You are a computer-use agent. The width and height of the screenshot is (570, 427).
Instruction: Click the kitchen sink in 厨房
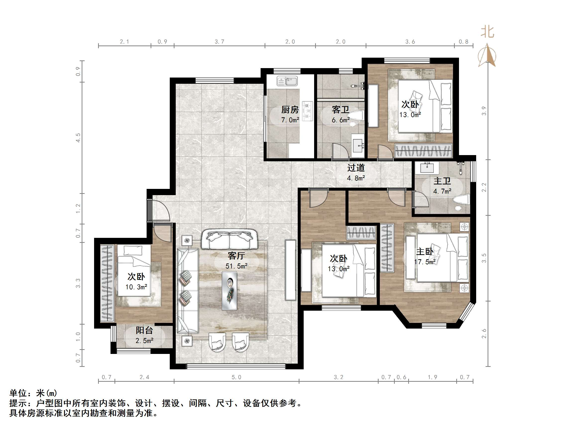(x=287, y=81)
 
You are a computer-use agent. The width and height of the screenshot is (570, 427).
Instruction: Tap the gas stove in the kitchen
(x=307, y=111)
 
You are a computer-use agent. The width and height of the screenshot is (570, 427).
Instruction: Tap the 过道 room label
(x=356, y=168)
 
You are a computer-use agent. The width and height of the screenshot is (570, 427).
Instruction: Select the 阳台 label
(x=144, y=330)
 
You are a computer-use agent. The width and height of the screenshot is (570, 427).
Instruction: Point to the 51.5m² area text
(x=236, y=266)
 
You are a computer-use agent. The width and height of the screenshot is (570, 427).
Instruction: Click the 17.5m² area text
(x=425, y=262)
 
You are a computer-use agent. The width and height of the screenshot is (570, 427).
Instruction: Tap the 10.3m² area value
(x=136, y=287)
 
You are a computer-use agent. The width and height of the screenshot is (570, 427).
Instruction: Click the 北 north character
(x=487, y=32)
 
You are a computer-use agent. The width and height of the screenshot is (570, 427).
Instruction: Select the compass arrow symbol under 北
(x=487, y=55)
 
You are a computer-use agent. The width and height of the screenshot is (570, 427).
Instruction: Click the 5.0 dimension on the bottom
(x=236, y=377)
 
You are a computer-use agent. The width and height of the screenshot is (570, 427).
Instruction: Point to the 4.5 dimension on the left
(x=78, y=138)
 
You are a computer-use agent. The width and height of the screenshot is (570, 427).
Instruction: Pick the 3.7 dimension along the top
(x=219, y=42)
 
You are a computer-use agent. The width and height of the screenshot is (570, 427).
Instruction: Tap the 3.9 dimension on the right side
(x=484, y=111)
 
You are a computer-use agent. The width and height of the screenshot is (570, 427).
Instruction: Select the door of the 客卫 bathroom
(x=340, y=151)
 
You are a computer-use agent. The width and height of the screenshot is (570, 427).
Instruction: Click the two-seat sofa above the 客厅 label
(x=229, y=239)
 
